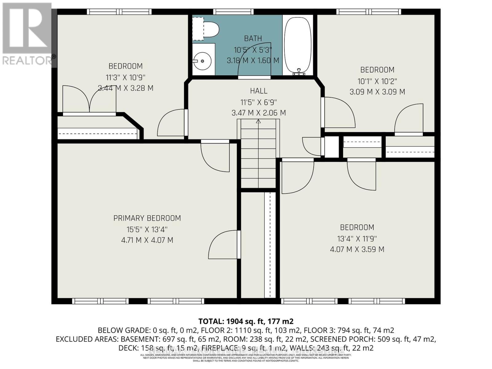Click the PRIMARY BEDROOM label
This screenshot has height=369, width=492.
tap(147, 218)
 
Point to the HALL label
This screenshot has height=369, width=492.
tap(259, 91)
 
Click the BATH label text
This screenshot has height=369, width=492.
tap(253, 38)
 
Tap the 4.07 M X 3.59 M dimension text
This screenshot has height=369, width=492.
tap(357, 249)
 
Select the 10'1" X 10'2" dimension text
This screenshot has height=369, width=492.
tap(377, 81)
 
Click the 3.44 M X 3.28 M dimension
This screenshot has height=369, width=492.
tap(125, 88)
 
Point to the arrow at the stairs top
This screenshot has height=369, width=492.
tap(258, 121)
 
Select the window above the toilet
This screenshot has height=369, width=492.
tap(233, 12)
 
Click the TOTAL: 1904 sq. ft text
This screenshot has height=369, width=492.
tap(246, 322)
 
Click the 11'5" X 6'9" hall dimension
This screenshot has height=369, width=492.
tap(259, 102)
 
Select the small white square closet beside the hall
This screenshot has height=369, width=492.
tap(331, 147)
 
